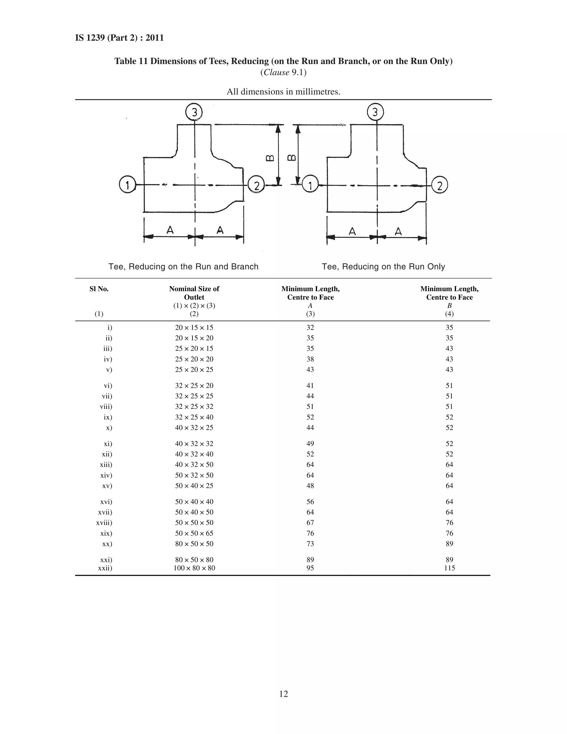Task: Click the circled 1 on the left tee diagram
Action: coord(127,185)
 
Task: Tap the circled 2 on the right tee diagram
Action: coord(439,185)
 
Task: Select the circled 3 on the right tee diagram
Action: coord(375,112)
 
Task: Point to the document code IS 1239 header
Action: coord(120,38)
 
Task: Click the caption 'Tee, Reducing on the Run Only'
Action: coord(383,266)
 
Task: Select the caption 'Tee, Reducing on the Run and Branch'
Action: coord(183,266)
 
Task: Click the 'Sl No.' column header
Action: coord(99,289)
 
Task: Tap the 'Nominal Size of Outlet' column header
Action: coord(194,293)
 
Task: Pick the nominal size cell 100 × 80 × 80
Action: coord(194,568)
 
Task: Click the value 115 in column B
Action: coord(449,568)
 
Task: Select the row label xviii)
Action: coord(104,523)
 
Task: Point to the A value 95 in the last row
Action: coord(310,568)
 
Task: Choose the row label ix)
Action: coord(108,417)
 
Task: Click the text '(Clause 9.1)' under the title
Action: coord(283,73)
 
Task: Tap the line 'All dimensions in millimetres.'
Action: coord(283,91)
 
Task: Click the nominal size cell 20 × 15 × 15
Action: coord(194,328)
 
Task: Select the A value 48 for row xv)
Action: coord(310,486)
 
